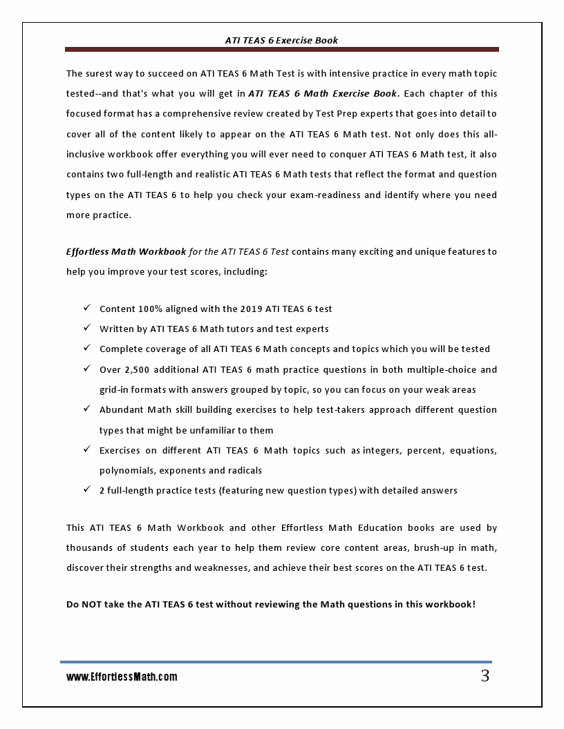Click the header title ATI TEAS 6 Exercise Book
pyautogui.click(x=281, y=40)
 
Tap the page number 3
pyautogui.click(x=485, y=676)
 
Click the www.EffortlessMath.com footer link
pyautogui.click(x=122, y=677)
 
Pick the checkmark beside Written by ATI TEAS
pyautogui.click(x=87, y=328)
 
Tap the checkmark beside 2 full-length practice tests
pyautogui.click(x=87, y=489)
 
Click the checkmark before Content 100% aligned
pyautogui.click(x=87, y=308)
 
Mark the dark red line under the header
pyautogui.click(x=282, y=50)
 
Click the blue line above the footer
pyautogui.click(x=276, y=662)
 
